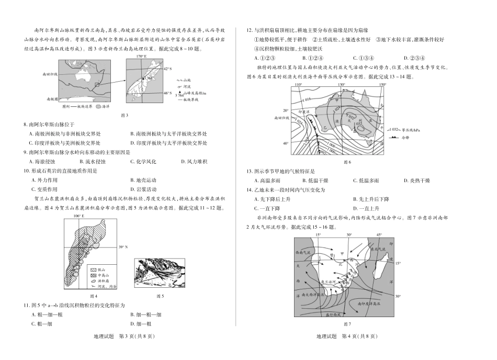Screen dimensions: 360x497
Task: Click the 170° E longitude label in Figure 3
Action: [140, 56]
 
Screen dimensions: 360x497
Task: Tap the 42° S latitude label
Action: [167, 68]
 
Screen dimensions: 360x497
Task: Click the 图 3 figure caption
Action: [124, 115]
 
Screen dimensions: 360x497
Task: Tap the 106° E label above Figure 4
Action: [79, 216]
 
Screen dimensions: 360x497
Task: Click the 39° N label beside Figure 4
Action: [124, 247]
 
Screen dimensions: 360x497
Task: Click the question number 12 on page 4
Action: [250, 30]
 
